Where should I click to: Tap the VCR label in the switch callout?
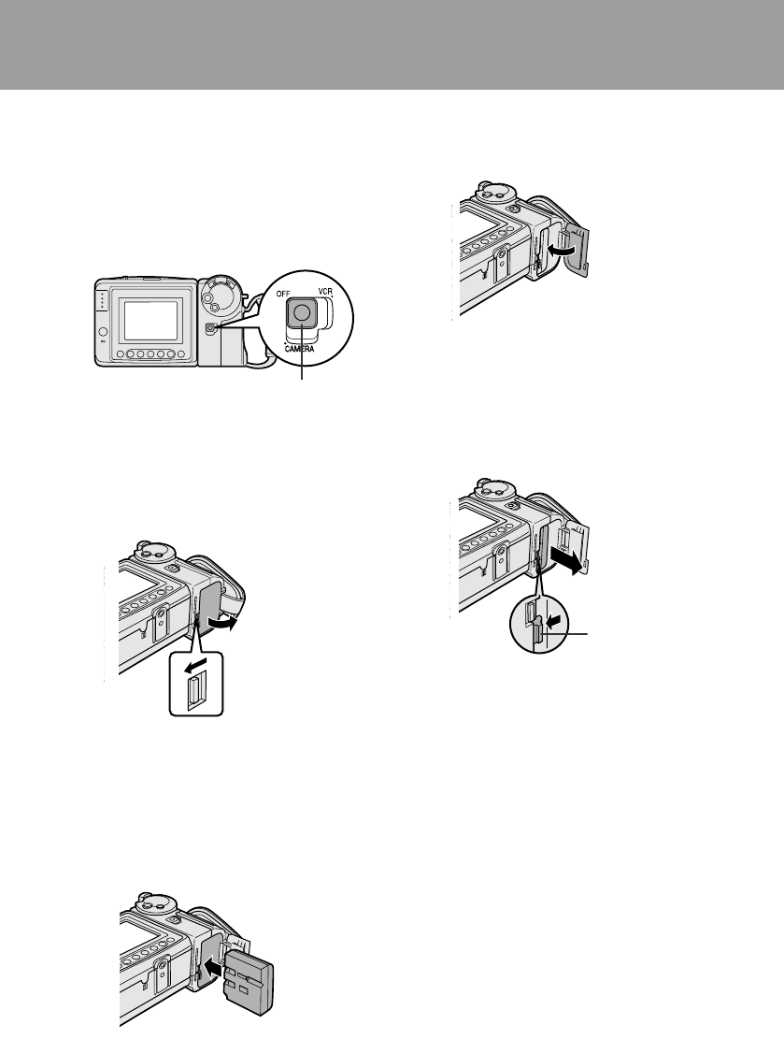pos(324,292)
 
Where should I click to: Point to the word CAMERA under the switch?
pos(299,349)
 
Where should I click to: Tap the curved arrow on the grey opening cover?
pos(221,624)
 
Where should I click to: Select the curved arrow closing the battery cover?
pos(558,252)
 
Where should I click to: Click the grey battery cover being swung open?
pos(210,601)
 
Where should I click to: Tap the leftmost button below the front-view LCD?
pos(120,355)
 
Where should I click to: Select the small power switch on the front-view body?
pos(211,328)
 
